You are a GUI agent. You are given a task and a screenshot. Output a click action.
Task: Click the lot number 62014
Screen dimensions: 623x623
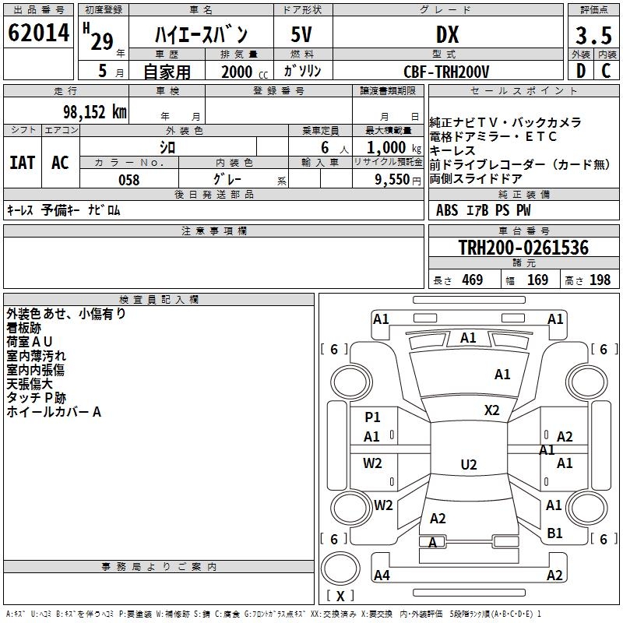38,34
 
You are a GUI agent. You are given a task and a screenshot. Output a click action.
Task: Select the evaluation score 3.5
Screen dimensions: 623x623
592,37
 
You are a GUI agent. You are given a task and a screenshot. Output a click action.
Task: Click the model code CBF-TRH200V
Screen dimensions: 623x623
446,72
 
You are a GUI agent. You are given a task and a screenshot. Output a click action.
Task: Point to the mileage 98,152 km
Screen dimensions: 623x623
94,111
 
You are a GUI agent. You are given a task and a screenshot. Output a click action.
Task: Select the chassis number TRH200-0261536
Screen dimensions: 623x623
523,248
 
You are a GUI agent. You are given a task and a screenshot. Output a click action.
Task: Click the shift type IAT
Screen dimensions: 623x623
23,163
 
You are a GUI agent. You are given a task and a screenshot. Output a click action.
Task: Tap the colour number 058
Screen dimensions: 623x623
128,180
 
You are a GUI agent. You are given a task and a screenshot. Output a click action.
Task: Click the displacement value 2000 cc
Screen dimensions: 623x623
244,72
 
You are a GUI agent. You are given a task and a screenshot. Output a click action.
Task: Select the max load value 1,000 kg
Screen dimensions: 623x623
389,147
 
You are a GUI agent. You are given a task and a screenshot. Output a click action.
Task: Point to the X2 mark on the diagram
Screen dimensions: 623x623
491,410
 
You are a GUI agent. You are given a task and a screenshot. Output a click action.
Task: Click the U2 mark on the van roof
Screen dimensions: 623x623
468,465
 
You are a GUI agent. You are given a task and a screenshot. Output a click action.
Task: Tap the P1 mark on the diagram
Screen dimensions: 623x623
372,417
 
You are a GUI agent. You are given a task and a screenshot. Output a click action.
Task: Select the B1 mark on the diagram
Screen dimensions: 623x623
554,533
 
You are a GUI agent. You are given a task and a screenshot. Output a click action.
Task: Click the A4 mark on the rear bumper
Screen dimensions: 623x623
382,575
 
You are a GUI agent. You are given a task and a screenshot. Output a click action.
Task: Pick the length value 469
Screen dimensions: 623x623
472,280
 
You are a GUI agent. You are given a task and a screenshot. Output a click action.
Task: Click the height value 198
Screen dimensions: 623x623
600,280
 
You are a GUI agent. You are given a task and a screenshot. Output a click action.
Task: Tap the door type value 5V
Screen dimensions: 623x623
302,35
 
